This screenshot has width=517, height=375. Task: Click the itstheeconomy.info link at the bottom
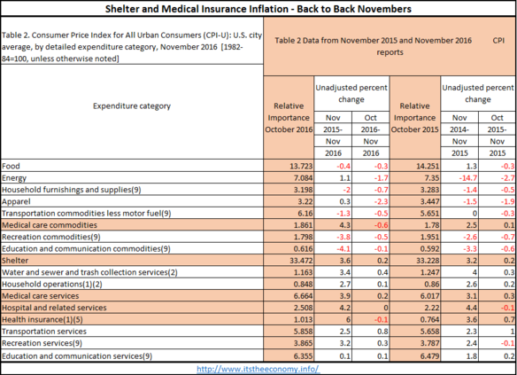click(x=258, y=369)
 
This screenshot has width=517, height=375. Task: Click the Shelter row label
click(x=15, y=261)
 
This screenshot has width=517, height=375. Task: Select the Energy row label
click(x=14, y=178)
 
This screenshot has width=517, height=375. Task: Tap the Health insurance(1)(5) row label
click(x=42, y=319)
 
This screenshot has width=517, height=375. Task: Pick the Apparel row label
click(x=16, y=202)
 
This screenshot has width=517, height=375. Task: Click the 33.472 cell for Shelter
click(x=301, y=261)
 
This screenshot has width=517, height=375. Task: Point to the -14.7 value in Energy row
click(x=468, y=178)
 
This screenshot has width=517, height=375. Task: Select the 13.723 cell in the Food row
click(x=301, y=166)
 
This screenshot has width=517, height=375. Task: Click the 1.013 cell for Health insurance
click(x=303, y=319)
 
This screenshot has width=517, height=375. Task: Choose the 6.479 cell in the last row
click(x=429, y=356)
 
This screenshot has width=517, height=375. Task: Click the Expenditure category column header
click(x=132, y=106)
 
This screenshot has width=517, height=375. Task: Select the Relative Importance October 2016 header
click(x=289, y=118)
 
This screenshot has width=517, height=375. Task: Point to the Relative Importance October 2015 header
click(x=415, y=118)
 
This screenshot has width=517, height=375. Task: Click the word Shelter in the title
click(x=122, y=9)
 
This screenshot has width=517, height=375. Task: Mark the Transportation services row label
click(x=44, y=332)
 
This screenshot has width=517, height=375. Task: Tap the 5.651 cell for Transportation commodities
click(x=429, y=214)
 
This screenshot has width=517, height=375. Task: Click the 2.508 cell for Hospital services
click(x=303, y=308)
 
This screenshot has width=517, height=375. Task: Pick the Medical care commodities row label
click(x=50, y=225)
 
